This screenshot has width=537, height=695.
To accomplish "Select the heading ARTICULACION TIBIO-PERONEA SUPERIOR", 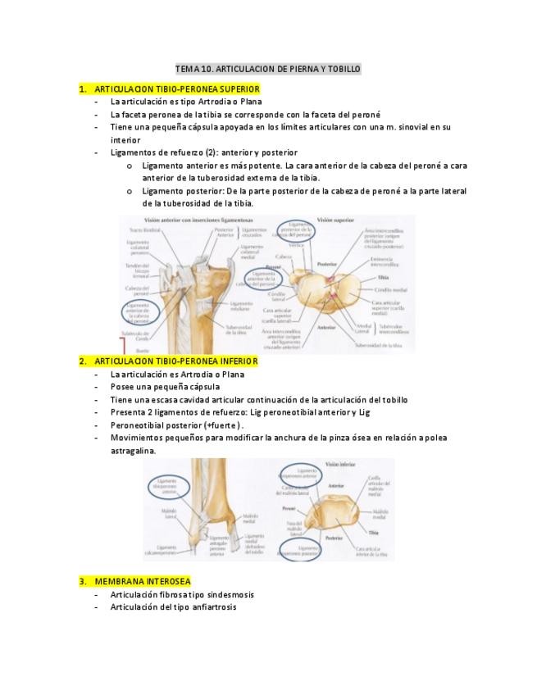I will [x=177, y=89].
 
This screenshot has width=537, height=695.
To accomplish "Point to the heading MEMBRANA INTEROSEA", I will [x=142, y=581].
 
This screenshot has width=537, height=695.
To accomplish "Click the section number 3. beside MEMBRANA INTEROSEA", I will [x=83, y=581].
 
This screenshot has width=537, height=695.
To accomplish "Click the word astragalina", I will [x=132, y=451].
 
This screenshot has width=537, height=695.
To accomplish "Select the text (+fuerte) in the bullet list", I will [x=221, y=425].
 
